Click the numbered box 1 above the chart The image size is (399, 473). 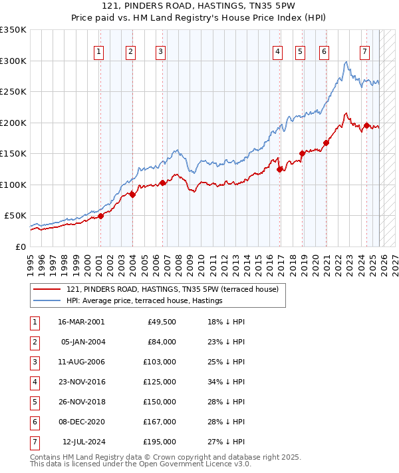coord(99,52)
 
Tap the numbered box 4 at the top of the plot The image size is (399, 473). coord(277,52)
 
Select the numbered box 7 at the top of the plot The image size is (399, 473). coord(365,52)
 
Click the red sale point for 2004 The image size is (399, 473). coord(132,195)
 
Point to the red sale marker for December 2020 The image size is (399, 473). coord(327,143)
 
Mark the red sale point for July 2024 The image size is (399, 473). coord(366,125)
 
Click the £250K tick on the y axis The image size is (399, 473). coord(13,91)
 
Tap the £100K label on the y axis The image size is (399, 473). coord(13,185)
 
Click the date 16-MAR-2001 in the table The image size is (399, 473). coord(81,322)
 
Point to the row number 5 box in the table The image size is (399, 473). coord(33,402)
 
